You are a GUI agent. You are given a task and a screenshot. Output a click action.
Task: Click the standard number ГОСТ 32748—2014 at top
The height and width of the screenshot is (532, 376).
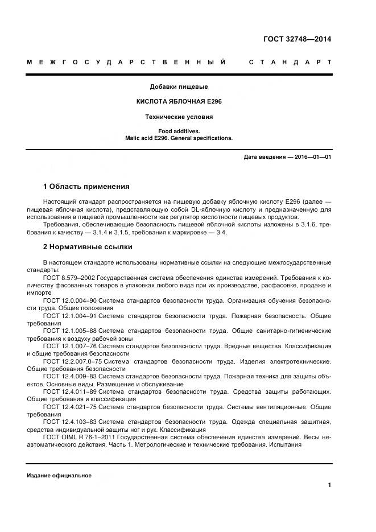[x=297, y=39]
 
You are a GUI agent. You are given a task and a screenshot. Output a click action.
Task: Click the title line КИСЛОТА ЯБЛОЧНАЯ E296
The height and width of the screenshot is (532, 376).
[x=179, y=102]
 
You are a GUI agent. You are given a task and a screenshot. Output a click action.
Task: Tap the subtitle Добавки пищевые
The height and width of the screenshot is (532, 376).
[x=179, y=87]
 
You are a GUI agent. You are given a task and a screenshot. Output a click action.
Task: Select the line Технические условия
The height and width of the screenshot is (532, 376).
[x=179, y=117]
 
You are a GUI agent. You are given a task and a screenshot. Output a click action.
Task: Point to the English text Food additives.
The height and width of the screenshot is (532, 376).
[x=179, y=131]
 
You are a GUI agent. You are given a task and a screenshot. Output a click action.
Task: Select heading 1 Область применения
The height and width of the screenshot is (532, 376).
[x=86, y=186]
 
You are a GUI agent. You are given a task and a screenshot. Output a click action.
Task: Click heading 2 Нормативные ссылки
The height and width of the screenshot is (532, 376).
[x=88, y=247]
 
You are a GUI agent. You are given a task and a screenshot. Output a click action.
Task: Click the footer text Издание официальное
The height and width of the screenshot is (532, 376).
[x=59, y=476]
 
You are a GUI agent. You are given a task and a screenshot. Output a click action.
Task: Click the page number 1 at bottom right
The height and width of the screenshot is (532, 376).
[x=329, y=485]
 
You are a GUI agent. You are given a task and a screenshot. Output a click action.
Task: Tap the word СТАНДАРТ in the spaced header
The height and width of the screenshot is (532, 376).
[x=290, y=62]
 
